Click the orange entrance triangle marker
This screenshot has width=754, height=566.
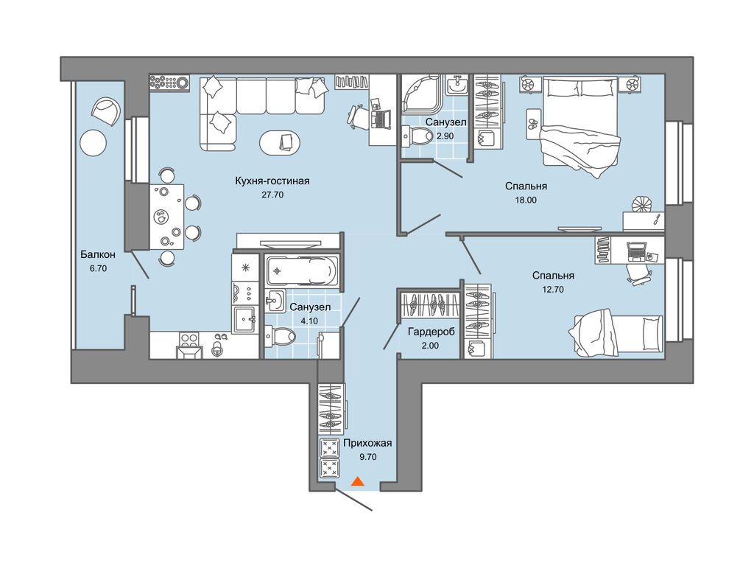tap(357, 481)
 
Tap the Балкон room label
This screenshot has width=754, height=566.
tap(98, 254)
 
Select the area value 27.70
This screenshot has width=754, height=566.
tap(272, 195)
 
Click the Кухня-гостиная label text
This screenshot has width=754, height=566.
tap(272, 181)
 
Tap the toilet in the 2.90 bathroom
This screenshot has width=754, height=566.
tap(418, 136)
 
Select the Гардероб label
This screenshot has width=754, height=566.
tap(431, 332)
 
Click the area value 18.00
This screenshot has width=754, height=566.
tap(526, 200)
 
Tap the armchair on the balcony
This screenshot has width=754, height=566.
tap(107, 111)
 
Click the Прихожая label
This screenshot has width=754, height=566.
tap(368, 443)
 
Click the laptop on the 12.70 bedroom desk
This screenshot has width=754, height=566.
tap(638, 251)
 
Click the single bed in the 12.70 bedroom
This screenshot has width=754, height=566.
tap(616, 334)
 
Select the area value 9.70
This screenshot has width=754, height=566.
tap(368, 457)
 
